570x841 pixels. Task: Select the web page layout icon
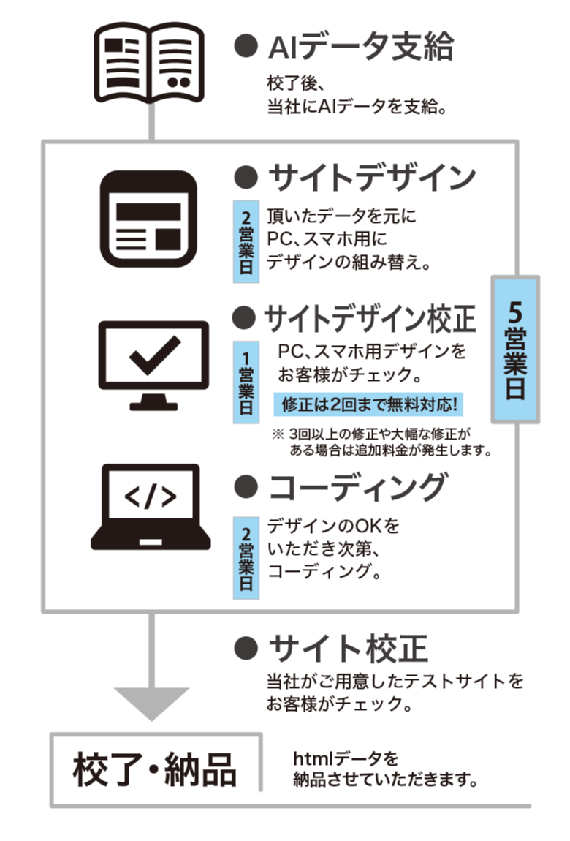click(149, 219)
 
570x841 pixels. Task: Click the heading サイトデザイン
click(372, 176)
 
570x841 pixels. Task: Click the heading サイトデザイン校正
click(369, 318)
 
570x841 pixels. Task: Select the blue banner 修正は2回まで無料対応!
click(371, 404)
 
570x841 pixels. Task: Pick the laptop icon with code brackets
click(151, 507)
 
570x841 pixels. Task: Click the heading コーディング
click(357, 486)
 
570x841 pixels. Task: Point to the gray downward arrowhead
click(152, 704)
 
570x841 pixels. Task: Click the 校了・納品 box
click(155, 769)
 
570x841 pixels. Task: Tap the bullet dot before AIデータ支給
click(246, 48)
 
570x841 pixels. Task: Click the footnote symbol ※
click(278, 433)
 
